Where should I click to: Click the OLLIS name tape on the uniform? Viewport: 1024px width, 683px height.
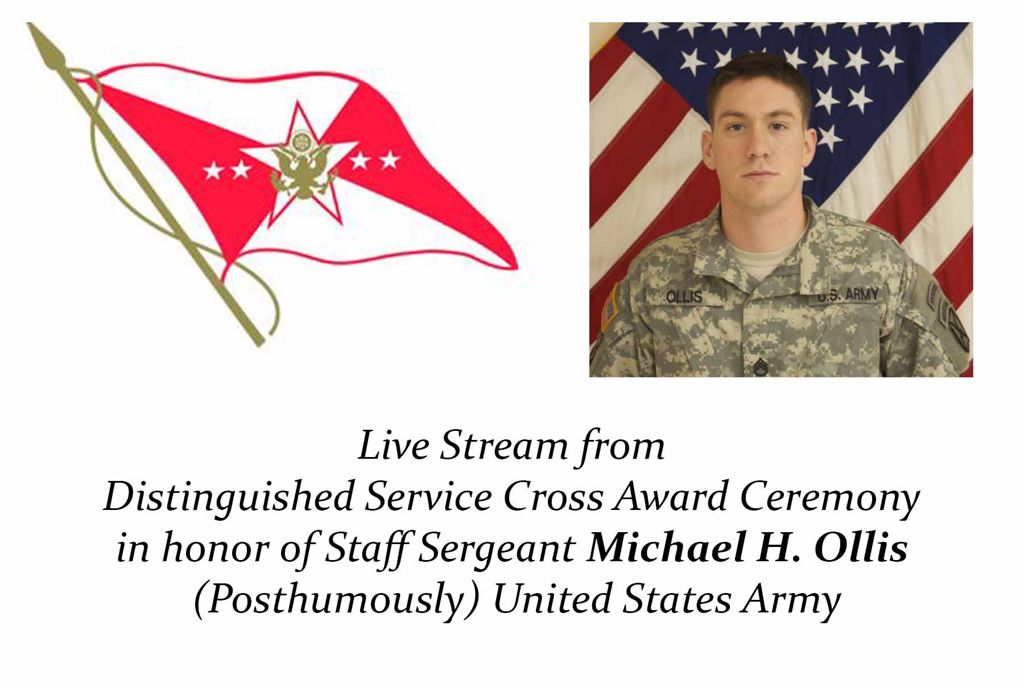684,297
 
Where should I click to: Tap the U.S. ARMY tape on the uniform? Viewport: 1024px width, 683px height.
847,295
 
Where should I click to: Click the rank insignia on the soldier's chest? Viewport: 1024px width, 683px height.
761,368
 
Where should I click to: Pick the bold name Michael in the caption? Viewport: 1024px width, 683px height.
666,548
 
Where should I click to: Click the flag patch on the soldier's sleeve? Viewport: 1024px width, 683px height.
610,307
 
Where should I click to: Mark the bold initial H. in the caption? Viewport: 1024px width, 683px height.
779,548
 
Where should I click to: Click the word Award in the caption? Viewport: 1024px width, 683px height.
671,497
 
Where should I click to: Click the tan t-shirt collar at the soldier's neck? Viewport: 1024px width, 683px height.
759,259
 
